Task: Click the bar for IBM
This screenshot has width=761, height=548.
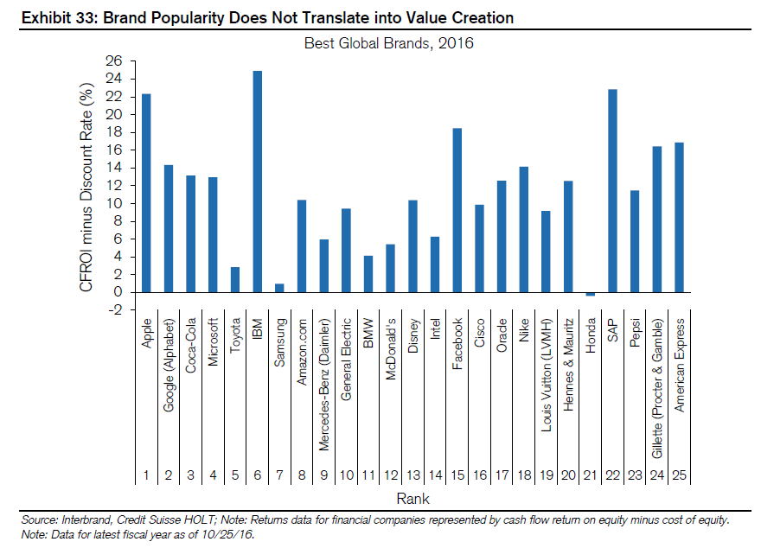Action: pyautogui.click(x=258, y=182)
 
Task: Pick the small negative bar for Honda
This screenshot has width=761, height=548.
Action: pyautogui.click(x=591, y=294)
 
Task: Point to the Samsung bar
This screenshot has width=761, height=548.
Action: pyautogui.click(x=279, y=288)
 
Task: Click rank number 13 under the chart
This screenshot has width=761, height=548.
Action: pyautogui.click(x=413, y=475)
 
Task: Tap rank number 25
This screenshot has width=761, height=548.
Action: pyautogui.click(x=680, y=475)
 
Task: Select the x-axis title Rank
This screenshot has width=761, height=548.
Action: pyautogui.click(x=412, y=499)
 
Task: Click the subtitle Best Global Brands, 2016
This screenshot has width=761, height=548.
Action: pyautogui.click(x=389, y=42)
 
